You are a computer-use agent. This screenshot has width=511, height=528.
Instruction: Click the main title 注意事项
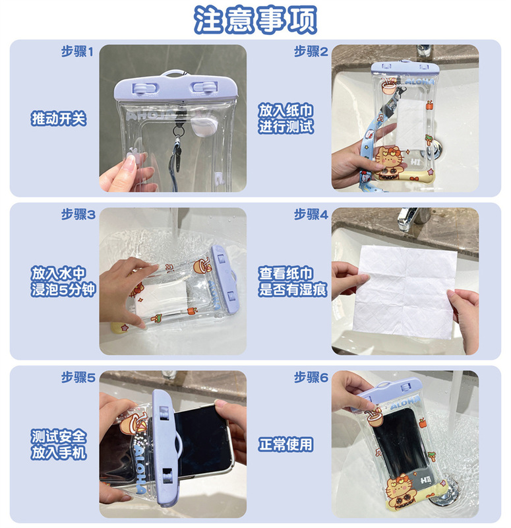[x=255, y=20]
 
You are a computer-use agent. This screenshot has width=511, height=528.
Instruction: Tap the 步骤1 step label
[x=77, y=51]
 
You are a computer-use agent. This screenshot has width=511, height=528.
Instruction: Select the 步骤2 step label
[x=311, y=51]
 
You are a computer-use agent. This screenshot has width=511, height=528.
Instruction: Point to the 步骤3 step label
[x=78, y=214]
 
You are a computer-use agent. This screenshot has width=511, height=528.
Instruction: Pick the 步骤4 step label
[x=311, y=214]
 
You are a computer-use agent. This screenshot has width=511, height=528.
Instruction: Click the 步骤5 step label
[x=78, y=378]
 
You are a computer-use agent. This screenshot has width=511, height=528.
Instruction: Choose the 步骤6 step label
[x=311, y=378]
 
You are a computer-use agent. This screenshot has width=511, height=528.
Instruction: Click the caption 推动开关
[x=59, y=119]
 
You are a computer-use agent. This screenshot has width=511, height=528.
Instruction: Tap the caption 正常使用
[x=286, y=444]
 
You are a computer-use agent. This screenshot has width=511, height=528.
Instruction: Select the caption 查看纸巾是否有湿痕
[x=293, y=282]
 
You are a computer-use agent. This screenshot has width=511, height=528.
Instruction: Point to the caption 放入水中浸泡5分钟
[x=63, y=282]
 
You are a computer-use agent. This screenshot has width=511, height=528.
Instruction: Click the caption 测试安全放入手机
[x=59, y=444]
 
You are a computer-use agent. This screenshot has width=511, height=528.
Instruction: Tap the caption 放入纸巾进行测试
[x=286, y=119]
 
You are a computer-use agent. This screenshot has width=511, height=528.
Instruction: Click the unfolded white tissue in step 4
[x=406, y=291]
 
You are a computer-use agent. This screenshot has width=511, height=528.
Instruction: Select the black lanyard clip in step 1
[x=177, y=156]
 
